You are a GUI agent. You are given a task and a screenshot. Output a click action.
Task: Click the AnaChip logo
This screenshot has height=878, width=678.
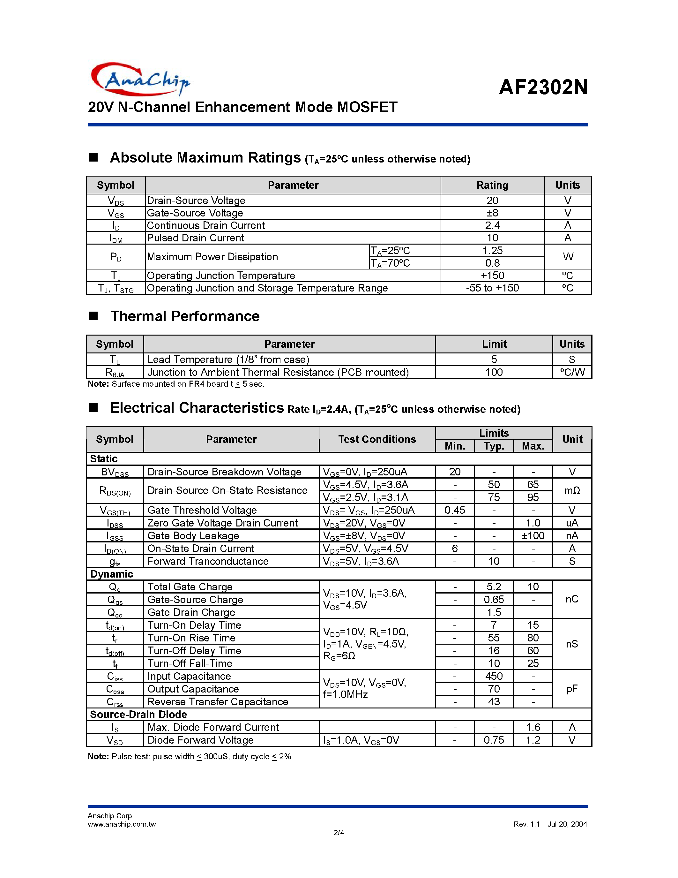(140, 79)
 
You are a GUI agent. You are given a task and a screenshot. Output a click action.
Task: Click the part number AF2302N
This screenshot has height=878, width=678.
(543, 87)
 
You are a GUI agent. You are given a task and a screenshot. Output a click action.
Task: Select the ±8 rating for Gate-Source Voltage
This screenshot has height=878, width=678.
(492, 213)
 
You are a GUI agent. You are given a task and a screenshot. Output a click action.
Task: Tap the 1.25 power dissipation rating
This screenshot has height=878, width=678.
(492, 250)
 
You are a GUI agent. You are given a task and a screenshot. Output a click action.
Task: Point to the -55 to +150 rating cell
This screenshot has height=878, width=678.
(492, 288)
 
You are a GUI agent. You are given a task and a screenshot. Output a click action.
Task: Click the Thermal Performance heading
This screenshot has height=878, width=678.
(185, 316)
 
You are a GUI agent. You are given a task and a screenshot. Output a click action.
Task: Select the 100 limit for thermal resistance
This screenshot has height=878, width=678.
(494, 372)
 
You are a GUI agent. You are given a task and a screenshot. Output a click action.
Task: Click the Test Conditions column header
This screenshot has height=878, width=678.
(377, 439)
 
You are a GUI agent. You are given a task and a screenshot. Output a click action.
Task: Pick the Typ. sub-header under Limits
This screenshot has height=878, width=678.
(494, 446)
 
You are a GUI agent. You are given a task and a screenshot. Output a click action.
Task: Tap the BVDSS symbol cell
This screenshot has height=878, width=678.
(115, 472)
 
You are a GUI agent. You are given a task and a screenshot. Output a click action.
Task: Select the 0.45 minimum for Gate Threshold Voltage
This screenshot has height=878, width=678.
(455, 510)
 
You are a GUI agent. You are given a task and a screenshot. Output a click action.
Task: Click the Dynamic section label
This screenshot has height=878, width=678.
(111, 574)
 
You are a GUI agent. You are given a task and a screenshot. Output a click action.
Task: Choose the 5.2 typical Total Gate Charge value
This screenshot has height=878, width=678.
(494, 587)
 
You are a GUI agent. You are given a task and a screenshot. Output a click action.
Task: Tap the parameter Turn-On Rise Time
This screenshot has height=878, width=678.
(191, 638)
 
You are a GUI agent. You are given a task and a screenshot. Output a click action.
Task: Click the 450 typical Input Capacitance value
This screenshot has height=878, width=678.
(494, 676)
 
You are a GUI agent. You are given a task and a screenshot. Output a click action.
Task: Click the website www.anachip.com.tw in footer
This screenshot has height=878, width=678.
(121, 824)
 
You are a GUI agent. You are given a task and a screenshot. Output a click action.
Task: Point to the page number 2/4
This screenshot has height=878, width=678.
(339, 833)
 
